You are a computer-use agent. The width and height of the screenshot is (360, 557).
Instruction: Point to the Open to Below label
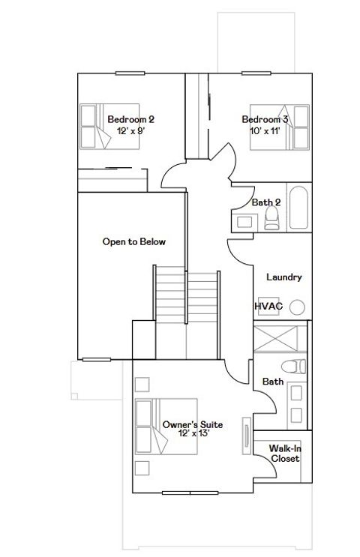[x=133, y=242]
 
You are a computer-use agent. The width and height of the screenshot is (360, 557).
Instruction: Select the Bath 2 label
[x=265, y=202]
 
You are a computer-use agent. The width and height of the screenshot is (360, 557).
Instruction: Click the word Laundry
[x=284, y=277]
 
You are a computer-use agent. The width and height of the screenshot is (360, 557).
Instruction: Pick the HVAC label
[x=268, y=307]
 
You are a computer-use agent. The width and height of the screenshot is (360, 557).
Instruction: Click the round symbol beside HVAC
[x=298, y=307]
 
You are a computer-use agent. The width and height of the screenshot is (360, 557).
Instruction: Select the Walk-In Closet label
[x=285, y=454]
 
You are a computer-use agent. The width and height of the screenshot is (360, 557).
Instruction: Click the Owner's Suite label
[x=187, y=424]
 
